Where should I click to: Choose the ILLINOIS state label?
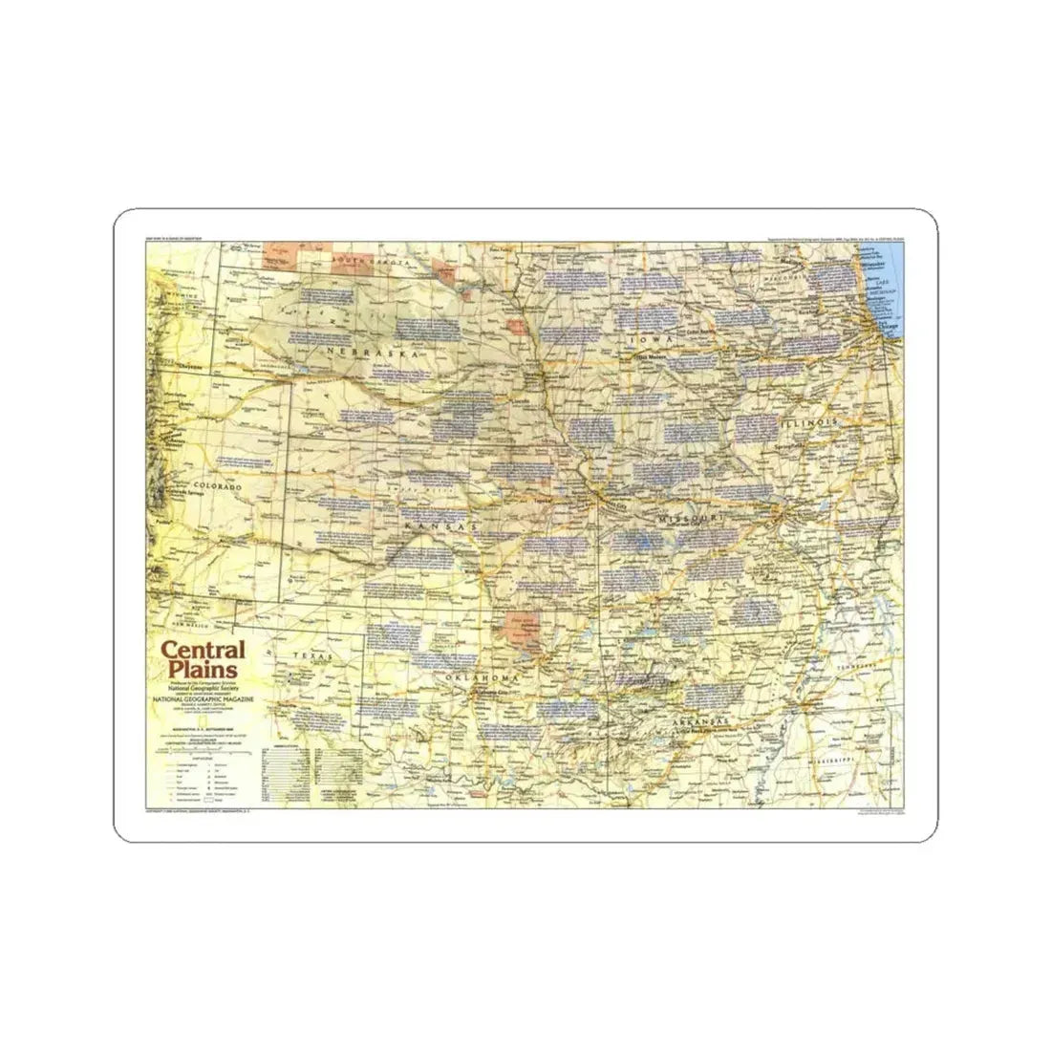[x=808, y=421]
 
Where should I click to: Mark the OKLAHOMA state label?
[x=482, y=677]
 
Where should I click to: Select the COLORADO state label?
[x=219, y=486]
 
